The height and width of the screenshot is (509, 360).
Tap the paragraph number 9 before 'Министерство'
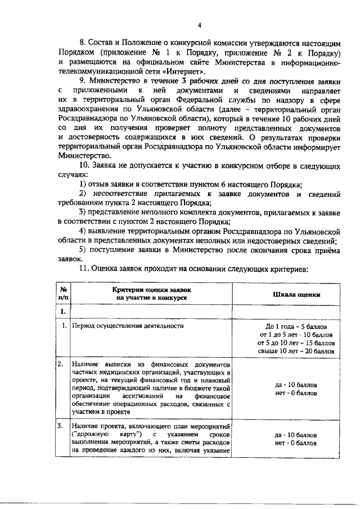point(82,81)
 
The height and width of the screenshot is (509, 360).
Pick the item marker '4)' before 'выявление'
point(83,231)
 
